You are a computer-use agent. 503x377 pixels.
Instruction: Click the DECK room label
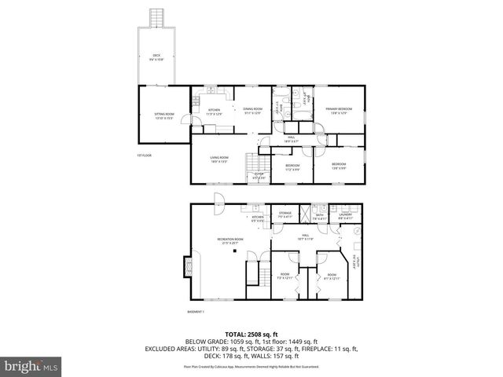point(157,57)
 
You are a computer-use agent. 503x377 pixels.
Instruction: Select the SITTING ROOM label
point(163,116)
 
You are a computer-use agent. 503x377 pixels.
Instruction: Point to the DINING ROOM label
point(252,111)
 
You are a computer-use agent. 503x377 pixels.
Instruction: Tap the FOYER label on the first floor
point(258,176)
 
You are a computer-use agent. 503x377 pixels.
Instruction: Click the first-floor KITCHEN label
point(215,112)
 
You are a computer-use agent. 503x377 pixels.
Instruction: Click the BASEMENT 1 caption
point(196,312)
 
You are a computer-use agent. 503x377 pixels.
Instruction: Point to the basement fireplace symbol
point(185,268)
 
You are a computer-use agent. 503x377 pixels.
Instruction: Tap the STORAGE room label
point(285,214)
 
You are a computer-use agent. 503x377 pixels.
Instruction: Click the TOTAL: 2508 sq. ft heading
point(251,333)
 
